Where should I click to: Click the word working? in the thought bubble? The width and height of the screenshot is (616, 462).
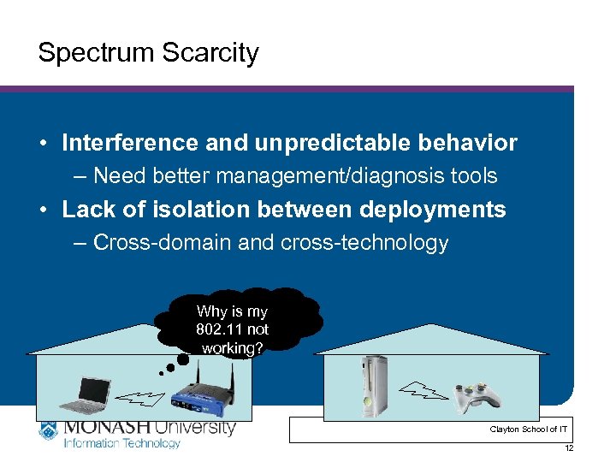point(233,347)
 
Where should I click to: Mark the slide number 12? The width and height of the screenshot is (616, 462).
point(569,448)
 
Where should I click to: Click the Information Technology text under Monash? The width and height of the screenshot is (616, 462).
point(121,443)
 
